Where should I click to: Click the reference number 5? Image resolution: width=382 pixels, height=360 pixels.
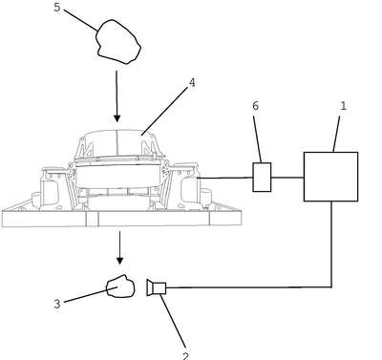[x=57, y=8]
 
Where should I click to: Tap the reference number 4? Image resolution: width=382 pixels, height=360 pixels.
[x=192, y=83]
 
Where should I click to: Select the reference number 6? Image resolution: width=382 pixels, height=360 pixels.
[x=255, y=106]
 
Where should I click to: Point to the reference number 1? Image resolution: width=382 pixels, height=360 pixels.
[x=343, y=106]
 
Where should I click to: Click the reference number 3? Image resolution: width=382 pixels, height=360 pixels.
[x=57, y=304]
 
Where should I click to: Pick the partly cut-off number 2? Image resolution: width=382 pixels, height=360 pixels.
[x=185, y=356]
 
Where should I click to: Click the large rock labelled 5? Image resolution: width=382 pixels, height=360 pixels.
[x=118, y=42]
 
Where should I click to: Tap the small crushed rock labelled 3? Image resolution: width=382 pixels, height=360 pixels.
[x=120, y=286]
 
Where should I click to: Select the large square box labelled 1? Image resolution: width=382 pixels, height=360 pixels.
[x=330, y=177]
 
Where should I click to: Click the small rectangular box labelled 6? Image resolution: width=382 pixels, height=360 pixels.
[x=262, y=178]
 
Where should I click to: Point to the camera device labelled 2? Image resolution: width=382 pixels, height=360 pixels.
[x=157, y=287]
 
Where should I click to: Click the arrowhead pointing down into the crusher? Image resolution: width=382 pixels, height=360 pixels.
[x=117, y=118]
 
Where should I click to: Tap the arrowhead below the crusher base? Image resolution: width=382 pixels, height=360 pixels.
[x=119, y=261]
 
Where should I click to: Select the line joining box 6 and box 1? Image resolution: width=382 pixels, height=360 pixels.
[x=287, y=178]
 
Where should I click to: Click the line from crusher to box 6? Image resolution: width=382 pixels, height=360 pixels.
[x=225, y=178]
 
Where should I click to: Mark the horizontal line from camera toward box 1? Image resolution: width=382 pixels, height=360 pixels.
[x=249, y=287]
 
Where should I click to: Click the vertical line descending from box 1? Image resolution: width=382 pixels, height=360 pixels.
[x=331, y=244]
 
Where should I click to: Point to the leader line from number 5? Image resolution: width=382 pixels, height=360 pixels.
[x=80, y=20]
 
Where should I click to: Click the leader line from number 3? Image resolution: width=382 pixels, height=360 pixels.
[x=87, y=295]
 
